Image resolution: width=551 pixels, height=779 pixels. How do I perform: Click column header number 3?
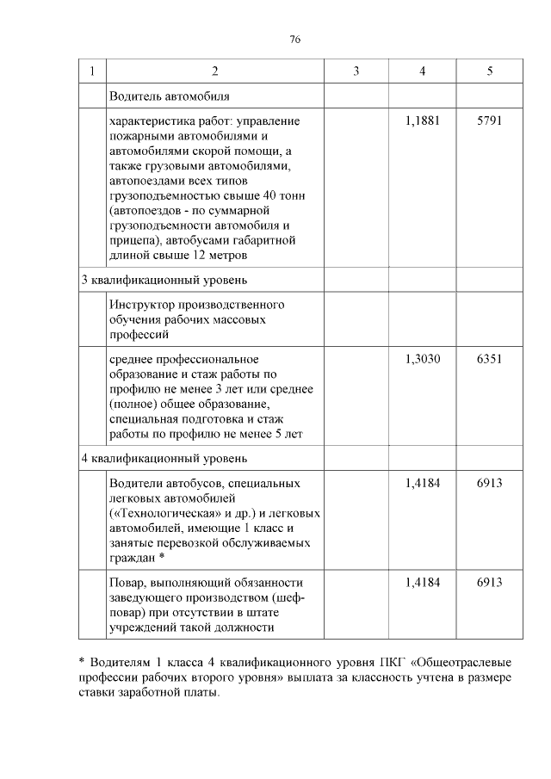tap(356, 71)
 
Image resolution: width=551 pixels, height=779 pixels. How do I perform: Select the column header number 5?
tap(489, 71)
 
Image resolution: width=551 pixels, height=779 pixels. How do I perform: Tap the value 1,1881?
tap(422, 121)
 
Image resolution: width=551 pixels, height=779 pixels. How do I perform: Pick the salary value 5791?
tap(489, 121)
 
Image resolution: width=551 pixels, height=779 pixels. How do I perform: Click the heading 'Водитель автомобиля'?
tap(169, 96)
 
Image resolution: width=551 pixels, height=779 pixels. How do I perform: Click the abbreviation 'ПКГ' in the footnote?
tap(390, 663)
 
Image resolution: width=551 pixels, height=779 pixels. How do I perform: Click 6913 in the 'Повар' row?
tap(489, 583)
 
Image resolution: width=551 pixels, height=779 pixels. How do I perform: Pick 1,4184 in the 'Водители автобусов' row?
tap(422, 483)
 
